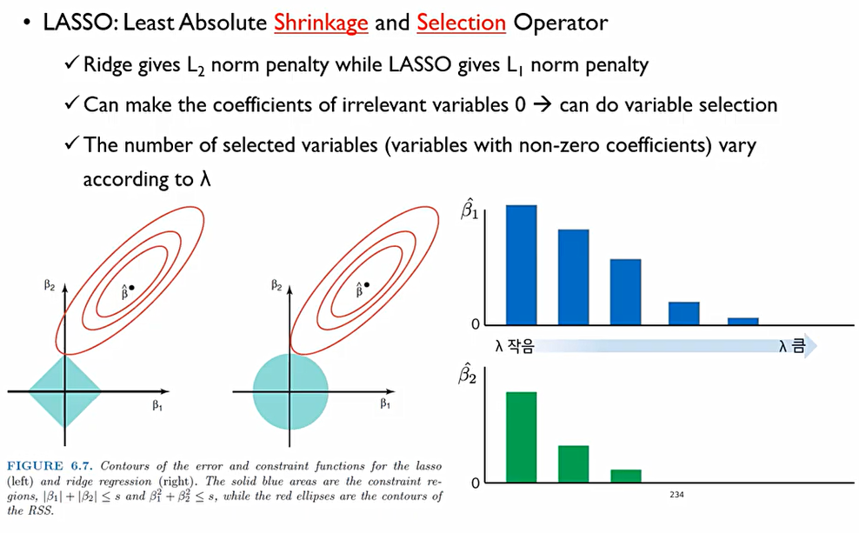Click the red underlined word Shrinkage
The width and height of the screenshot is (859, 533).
click(x=321, y=23)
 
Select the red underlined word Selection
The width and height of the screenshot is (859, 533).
click(x=462, y=23)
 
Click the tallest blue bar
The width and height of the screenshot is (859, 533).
click(x=521, y=265)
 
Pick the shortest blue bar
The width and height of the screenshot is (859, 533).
click(x=742, y=322)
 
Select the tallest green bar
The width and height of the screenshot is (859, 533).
click(x=521, y=437)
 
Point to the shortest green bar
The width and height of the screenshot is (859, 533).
click(x=626, y=476)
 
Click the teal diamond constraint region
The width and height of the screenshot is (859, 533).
click(x=64, y=390)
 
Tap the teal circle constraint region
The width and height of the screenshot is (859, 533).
click(x=290, y=391)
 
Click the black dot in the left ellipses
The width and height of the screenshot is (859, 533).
click(x=131, y=288)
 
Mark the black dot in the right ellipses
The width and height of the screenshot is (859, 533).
click(x=367, y=285)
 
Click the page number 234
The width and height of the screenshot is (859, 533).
click(x=676, y=495)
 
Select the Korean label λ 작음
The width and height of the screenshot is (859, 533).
click(x=514, y=346)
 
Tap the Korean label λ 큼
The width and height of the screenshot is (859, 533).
click(x=792, y=346)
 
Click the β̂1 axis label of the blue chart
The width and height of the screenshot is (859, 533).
click(x=469, y=210)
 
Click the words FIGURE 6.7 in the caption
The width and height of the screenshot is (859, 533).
click(x=50, y=466)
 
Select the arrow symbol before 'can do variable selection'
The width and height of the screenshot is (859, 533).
click(x=543, y=104)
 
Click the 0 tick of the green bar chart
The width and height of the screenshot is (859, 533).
click(x=475, y=483)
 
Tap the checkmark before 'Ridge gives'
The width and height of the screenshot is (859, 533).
click(x=72, y=63)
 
